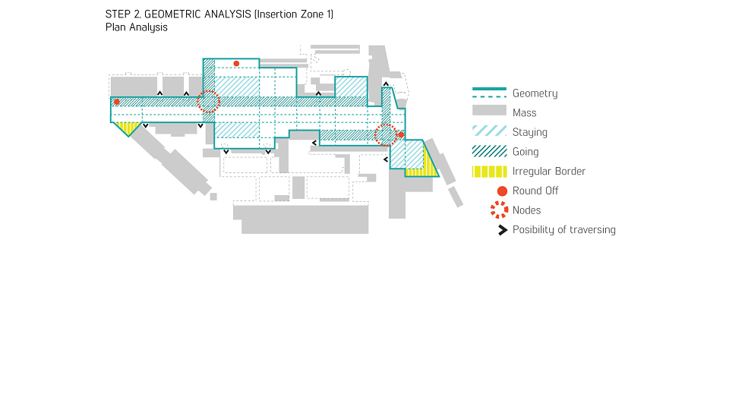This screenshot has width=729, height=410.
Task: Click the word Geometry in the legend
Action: click(x=535, y=93)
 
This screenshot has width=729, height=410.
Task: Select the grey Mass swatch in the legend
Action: click(x=489, y=110)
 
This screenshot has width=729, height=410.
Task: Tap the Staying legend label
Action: click(x=529, y=132)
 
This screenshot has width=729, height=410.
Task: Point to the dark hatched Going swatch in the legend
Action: click(x=489, y=151)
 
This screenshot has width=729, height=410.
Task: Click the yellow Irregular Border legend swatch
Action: click(x=489, y=172)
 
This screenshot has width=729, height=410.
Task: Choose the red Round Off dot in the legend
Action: click(x=502, y=191)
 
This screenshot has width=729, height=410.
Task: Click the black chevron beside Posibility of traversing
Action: click(x=502, y=230)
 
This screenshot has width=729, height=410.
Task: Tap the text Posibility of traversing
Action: click(x=564, y=230)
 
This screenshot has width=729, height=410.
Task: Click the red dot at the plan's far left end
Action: click(x=117, y=102)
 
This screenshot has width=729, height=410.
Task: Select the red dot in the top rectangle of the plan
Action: click(x=237, y=64)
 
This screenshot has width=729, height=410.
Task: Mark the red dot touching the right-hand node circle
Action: click(x=401, y=135)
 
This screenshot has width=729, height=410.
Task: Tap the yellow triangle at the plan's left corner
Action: click(x=128, y=128)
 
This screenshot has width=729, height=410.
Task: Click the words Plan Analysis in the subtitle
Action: click(x=136, y=27)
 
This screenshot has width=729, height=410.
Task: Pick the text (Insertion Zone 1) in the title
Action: click(x=294, y=14)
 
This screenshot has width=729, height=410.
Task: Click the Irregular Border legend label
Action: click(x=548, y=172)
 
